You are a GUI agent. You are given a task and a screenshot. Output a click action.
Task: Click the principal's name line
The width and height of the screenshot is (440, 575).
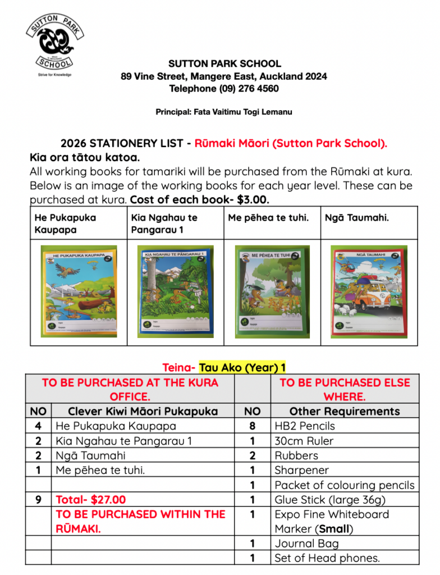click(224, 112)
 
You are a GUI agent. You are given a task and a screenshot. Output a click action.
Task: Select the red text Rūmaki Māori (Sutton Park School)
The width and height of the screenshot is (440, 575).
click(291, 143)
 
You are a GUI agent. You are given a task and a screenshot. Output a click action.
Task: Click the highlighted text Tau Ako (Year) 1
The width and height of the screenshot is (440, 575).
click(242, 368)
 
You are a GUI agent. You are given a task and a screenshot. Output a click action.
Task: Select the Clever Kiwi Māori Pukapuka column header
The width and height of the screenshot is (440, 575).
click(143, 412)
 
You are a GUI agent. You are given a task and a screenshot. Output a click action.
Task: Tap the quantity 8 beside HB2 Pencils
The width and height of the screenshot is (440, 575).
click(253, 426)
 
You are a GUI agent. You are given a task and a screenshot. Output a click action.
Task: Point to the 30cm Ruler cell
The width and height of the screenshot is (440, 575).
click(304, 441)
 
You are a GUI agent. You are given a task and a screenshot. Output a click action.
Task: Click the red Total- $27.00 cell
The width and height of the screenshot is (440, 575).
click(91, 499)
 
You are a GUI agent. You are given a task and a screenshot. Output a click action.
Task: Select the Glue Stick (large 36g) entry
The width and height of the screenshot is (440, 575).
click(330, 499)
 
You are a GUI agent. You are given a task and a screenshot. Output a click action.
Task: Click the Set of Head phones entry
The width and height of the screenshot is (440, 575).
click(327, 558)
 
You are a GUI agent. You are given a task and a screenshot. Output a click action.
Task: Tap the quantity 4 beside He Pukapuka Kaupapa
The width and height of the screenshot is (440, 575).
click(38, 426)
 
